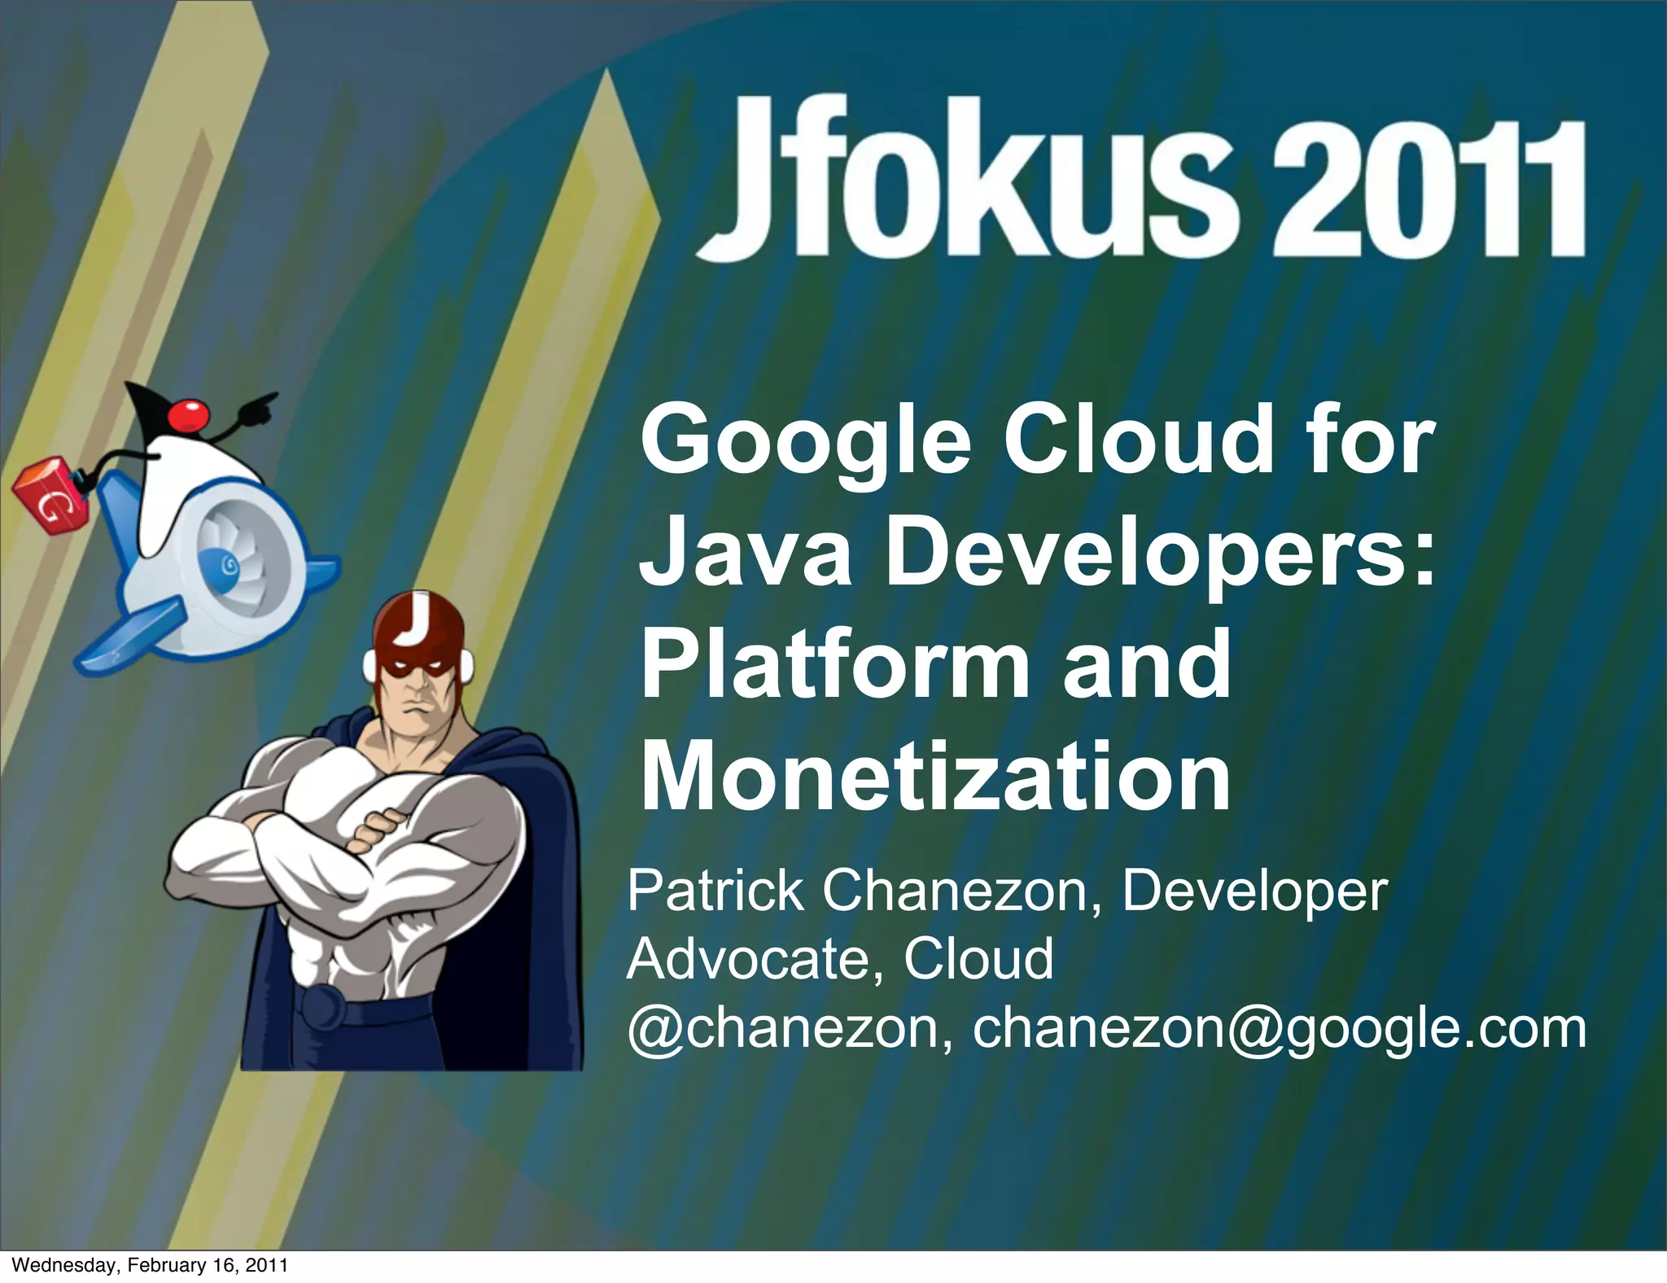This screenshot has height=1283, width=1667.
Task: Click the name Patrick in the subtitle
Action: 715,891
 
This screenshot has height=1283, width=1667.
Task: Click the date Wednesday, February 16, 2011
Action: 151,1265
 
